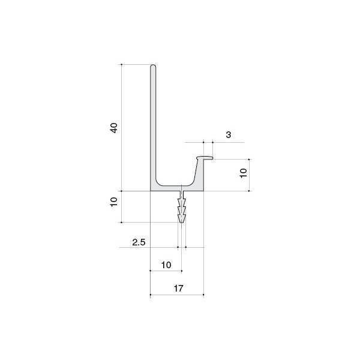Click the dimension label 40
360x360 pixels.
114,128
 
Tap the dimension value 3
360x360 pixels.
228,135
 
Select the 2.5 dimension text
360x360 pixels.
139,242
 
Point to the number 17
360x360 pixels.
178,289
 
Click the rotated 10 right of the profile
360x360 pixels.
243,173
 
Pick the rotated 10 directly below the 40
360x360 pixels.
114,202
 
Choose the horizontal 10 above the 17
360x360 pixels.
166,265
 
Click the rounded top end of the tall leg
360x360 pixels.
153,66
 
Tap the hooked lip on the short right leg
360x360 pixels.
205,158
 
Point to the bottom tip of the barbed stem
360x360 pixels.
182,222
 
